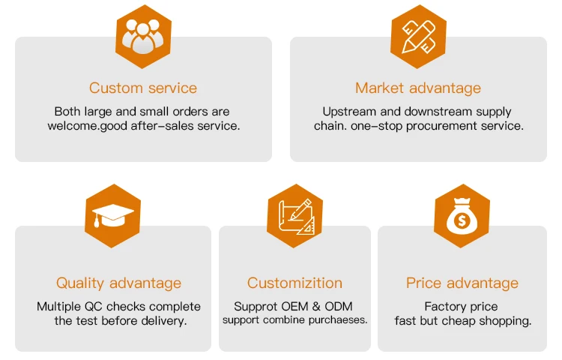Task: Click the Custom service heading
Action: (x=143, y=88)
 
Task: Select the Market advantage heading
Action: (x=418, y=88)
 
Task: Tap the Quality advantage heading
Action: (x=118, y=283)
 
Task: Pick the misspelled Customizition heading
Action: (x=294, y=283)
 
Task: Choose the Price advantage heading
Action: (x=462, y=283)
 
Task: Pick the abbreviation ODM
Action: (x=338, y=306)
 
